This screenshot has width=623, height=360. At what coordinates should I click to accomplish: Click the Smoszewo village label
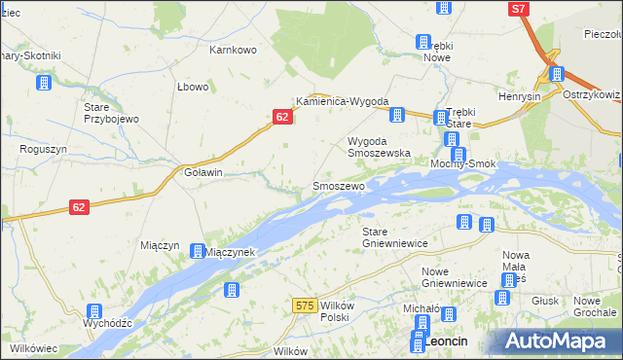(x=338, y=185)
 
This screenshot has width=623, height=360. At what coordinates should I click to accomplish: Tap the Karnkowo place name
(x=233, y=48)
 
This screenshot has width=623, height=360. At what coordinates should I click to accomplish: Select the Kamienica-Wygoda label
(x=343, y=102)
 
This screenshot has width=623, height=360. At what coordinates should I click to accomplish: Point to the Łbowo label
(x=194, y=87)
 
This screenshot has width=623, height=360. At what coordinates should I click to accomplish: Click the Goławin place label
(x=204, y=172)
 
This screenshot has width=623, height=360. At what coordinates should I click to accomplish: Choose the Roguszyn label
(x=43, y=150)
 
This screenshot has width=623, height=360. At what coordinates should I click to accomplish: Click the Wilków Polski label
(x=335, y=311)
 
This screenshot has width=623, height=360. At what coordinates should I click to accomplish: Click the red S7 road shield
(x=520, y=9)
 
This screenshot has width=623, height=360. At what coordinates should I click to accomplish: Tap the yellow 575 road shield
(x=304, y=306)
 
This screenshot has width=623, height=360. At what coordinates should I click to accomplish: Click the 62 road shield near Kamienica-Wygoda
(x=281, y=117)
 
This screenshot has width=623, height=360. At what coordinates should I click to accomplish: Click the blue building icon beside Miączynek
(x=198, y=251)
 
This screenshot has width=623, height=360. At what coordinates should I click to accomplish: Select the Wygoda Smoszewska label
(x=380, y=147)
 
